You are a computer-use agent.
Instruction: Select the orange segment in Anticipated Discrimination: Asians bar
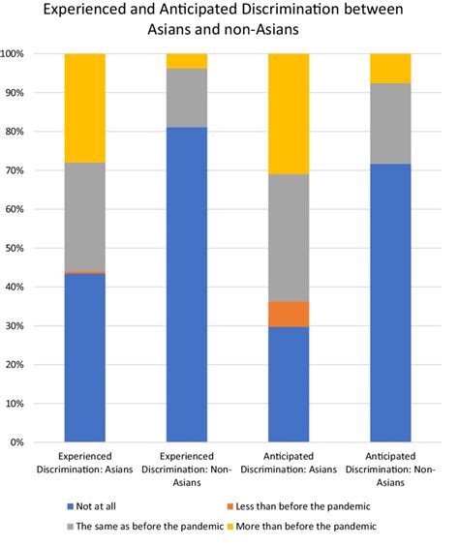[288, 314]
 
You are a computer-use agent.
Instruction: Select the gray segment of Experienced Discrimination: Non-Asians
[187, 98]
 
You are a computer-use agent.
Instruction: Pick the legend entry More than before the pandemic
[319, 526]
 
